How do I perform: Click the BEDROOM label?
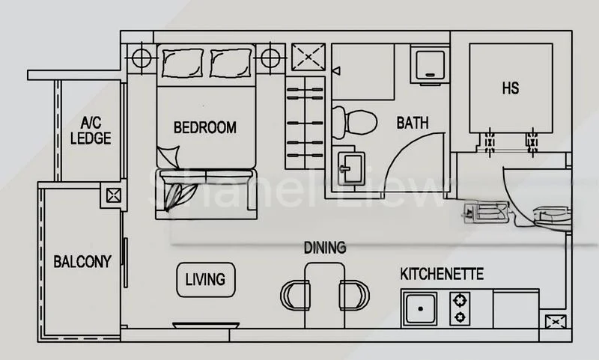[x=204, y=127]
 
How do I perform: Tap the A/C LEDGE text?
[x=95, y=132]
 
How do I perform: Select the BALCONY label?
[x=82, y=262]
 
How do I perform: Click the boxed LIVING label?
[x=205, y=279]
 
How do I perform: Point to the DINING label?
[x=324, y=248]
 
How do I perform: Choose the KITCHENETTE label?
[x=442, y=275]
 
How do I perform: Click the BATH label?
[x=413, y=123]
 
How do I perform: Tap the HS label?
[x=510, y=88]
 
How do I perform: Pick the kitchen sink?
[x=422, y=308]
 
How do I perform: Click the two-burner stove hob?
[x=460, y=308]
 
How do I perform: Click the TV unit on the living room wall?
[x=206, y=326]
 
